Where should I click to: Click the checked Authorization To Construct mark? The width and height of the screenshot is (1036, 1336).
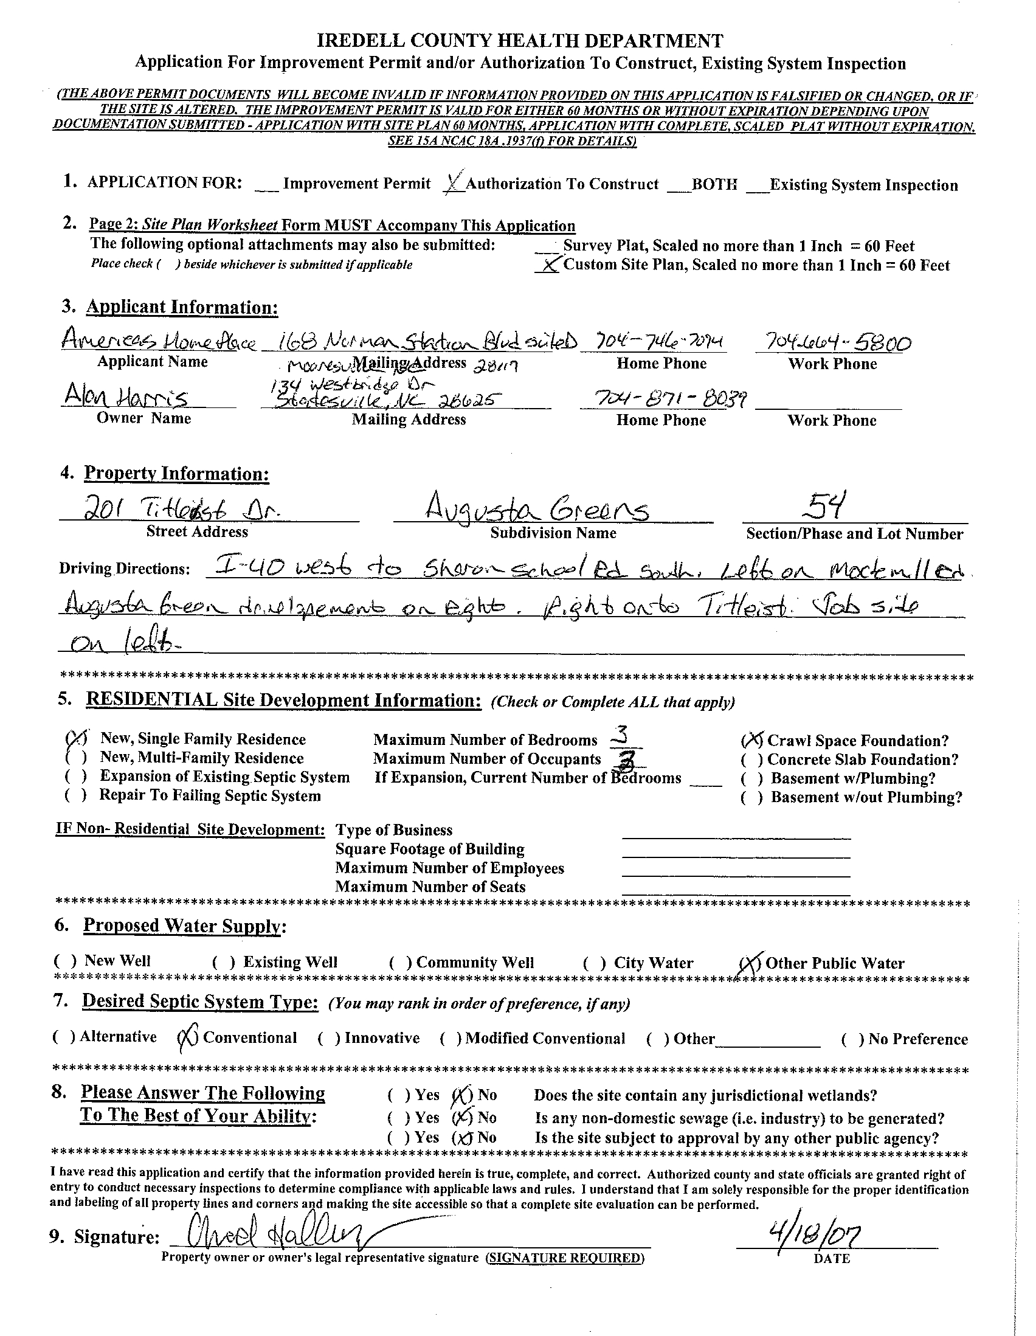click(454, 182)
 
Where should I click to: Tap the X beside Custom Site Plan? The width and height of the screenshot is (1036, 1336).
click(549, 265)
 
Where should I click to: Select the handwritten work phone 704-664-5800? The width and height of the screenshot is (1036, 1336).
click(834, 342)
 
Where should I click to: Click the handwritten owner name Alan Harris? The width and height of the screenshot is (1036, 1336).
click(125, 398)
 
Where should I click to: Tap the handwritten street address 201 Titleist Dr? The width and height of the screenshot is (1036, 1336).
click(184, 508)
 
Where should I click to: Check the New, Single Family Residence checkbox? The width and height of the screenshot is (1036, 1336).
click(74, 738)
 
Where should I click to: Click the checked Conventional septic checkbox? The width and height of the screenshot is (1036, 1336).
click(187, 1038)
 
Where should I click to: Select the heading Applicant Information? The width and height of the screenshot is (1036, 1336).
click(182, 307)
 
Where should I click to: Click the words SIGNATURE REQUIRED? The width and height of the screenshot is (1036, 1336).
click(564, 1258)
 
